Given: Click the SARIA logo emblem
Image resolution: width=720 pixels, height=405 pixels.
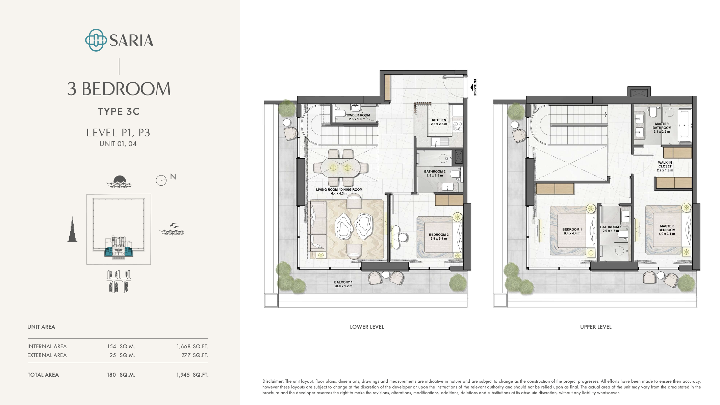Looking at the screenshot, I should (x=96, y=40).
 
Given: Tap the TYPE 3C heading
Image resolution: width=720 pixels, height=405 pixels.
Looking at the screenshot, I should (x=119, y=111).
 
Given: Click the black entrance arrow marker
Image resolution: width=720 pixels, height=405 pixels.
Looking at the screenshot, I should (x=472, y=87).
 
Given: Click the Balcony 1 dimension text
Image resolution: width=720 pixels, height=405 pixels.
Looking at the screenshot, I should (x=343, y=286).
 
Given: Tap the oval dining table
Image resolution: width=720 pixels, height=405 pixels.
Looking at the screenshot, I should (x=340, y=168).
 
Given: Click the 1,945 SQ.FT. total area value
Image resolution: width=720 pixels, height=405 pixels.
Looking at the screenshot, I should (x=192, y=375).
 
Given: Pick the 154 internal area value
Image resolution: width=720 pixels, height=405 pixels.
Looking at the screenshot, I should (x=111, y=346).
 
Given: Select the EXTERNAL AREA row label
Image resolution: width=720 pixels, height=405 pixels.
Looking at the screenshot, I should (x=47, y=355).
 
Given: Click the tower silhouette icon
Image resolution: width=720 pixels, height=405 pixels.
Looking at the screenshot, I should (x=72, y=230).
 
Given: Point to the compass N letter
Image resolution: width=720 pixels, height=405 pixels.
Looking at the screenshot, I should (x=173, y=177).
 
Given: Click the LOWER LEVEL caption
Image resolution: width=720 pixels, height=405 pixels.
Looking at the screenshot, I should (x=367, y=327).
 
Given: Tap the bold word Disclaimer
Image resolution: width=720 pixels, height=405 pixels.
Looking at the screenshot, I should (x=273, y=381).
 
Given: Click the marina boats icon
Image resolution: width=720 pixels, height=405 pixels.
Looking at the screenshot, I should (x=118, y=281).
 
